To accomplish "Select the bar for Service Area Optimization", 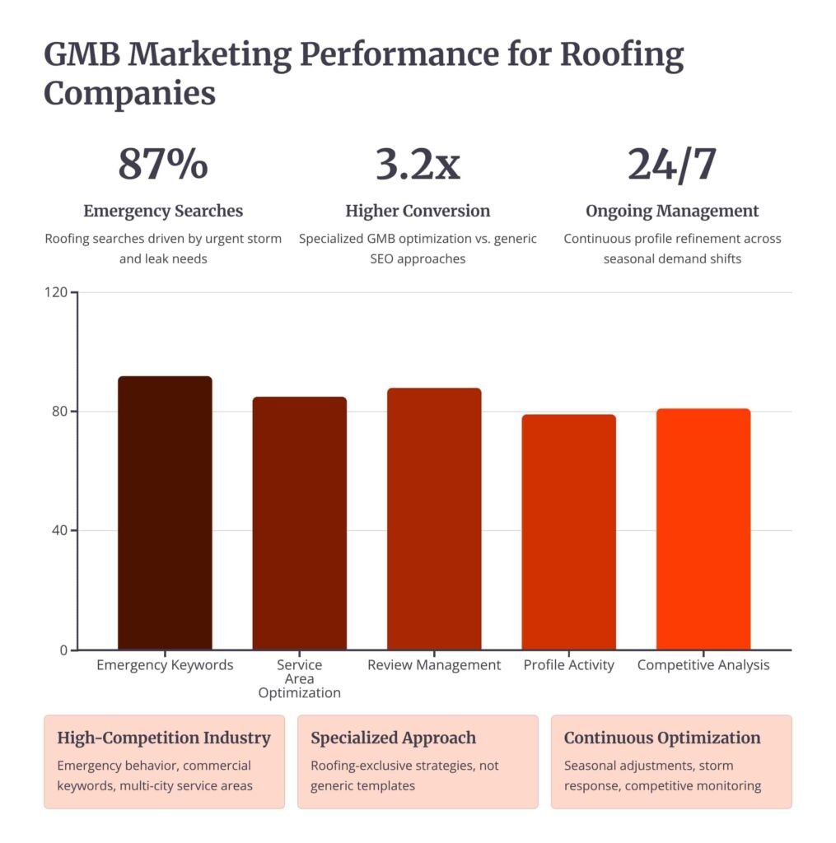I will tap(299, 524).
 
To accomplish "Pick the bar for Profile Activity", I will tap(568, 532).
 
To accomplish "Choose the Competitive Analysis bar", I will tap(703, 529).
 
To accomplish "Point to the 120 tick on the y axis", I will tap(57, 292).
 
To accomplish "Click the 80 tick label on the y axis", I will tap(60, 412).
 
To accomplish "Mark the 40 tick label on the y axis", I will tap(60, 530).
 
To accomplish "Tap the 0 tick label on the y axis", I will tap(64, 650).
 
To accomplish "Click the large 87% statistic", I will tap(163, 164).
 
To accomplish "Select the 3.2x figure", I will tap(418, 164).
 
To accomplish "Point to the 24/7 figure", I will tap(672, 164).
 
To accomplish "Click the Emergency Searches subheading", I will tap(163, 211).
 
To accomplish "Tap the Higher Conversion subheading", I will tap(418, 211).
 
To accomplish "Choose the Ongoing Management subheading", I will tap(672, 211).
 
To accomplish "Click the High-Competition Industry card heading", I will tap(163, 738).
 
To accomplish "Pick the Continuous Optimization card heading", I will tap(662, 738).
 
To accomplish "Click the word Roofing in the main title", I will tap(622, 56).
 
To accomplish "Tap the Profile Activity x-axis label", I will tap(568, 664).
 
